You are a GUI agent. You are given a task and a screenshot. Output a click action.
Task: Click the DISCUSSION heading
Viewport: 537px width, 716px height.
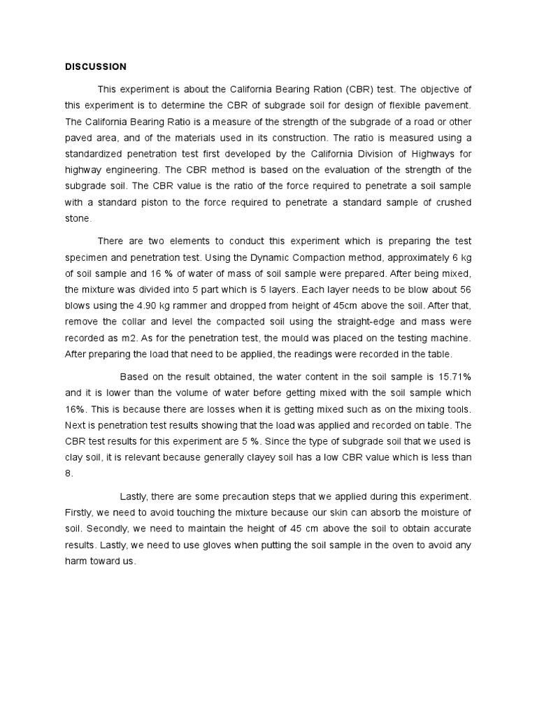(96, 66)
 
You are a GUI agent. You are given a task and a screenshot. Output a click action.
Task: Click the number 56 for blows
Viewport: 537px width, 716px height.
(464, 289)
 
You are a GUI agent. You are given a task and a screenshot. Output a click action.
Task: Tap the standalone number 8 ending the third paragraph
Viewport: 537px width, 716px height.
(68, 473)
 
